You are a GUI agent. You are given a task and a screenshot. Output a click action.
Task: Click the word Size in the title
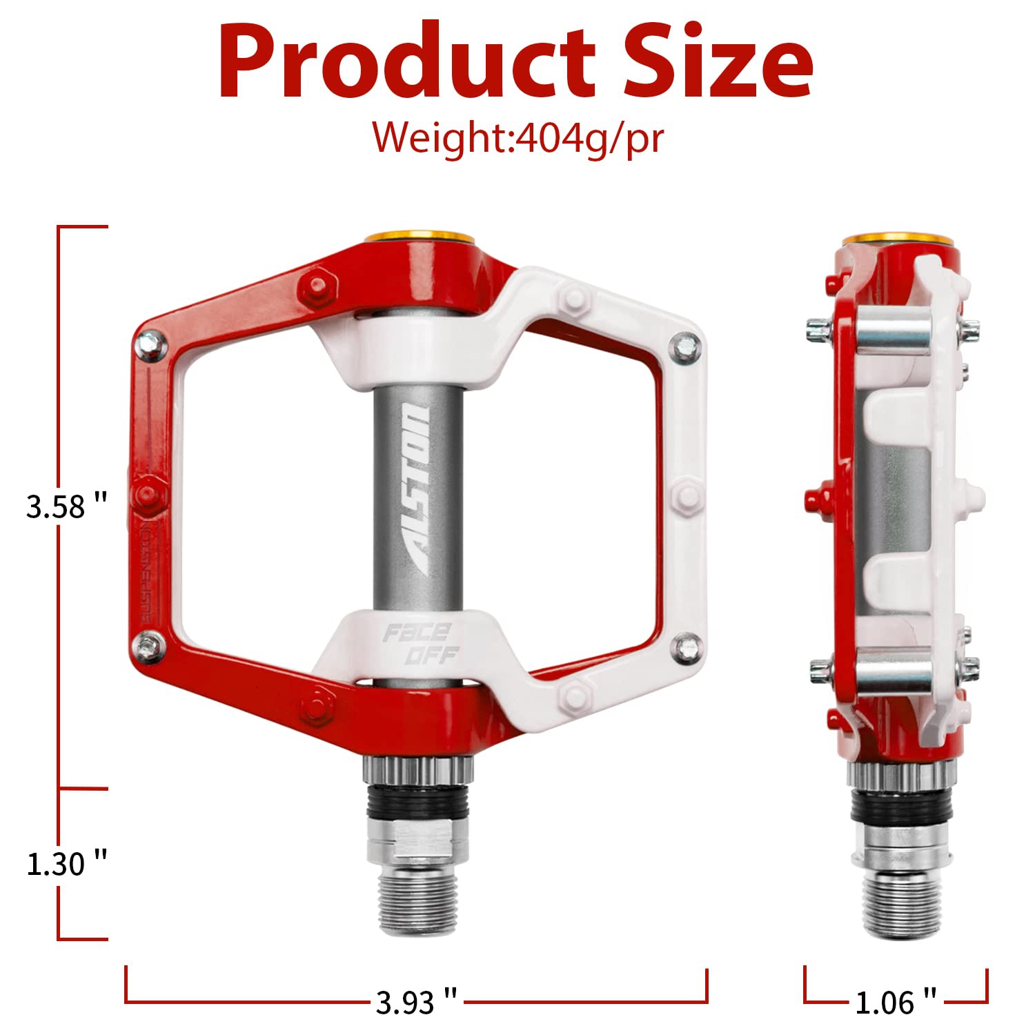click(718, 62)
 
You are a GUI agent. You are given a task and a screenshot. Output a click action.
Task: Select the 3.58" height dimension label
click(66, 506)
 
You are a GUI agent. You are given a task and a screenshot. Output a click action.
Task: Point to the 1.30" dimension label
click(66, 864)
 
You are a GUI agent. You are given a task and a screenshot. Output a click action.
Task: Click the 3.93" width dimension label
click(416, 1002)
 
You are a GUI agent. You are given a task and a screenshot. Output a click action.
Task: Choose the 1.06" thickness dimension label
click(896, 1002)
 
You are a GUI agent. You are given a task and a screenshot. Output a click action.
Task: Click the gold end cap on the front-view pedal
click(420, 238)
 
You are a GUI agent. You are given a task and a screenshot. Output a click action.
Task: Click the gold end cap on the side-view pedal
click(899, 239)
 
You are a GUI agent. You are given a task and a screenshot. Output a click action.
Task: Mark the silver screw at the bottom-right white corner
click(687, 647)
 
